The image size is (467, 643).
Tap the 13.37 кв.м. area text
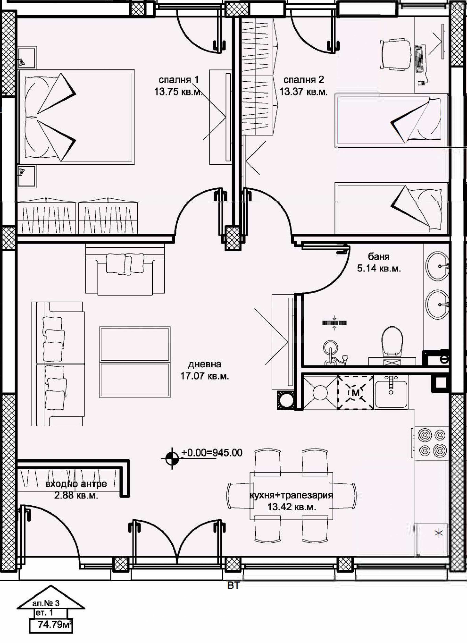point(304,92)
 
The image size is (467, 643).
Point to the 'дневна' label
point(204,364)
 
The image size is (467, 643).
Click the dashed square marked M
point(356,393)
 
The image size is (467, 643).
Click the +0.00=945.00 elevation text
point(212,453)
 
